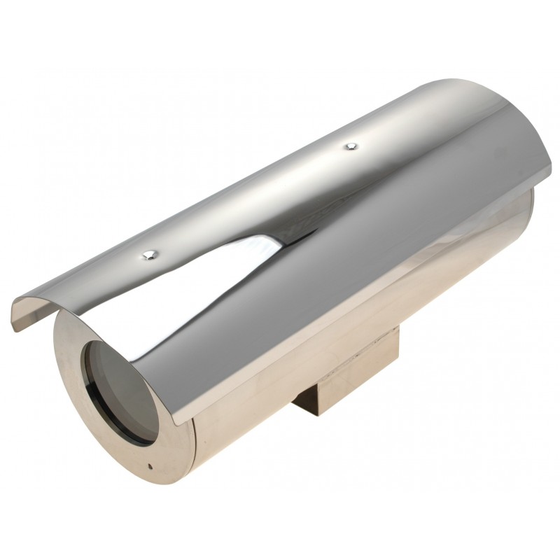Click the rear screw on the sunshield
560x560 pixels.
coord(351,146)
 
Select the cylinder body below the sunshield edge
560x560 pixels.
coord(350,336)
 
